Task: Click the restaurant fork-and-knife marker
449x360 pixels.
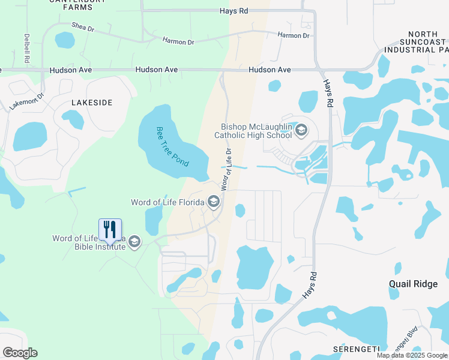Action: pos(110,230)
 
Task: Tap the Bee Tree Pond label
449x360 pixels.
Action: pos(172,146)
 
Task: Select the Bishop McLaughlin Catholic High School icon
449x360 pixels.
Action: pos(301,130)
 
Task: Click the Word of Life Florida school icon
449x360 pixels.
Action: pos(214,202)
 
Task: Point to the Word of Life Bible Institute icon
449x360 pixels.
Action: pos(134,241)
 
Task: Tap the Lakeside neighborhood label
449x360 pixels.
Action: pos(92,103)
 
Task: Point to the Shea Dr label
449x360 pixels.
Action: pos(83,26)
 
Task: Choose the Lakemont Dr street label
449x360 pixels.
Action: pos(27,101)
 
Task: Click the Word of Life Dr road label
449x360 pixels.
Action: pos(228,170)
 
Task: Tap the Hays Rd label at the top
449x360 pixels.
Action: pos(234,11)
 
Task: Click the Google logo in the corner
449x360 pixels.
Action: pos(20,352)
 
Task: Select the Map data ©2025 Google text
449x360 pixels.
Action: pos(412,355)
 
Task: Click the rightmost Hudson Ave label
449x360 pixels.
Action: pos(270,70)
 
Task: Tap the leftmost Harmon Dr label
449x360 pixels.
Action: pos(178,41)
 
